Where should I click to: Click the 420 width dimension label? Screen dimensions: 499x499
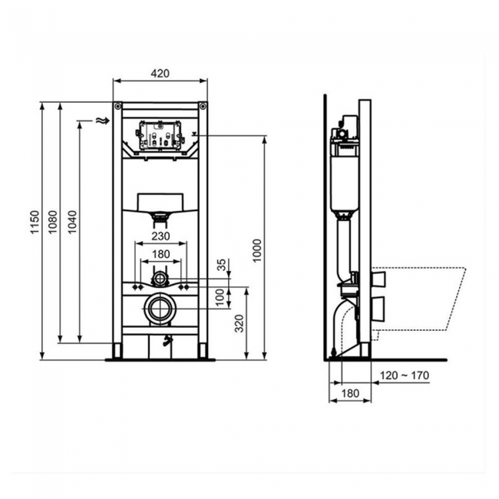coord(160,74)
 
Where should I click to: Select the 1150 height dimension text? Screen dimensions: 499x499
coord(35,222)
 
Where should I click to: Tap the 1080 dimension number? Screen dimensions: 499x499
coord(53,222)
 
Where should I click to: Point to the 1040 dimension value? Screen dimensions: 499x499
coord(73,222)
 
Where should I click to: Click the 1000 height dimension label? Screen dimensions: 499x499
coord(257,250)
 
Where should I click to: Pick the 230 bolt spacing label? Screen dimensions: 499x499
coord(160,236)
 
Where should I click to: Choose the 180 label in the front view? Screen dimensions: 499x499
coord(160,254)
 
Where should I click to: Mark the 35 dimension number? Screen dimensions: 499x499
coord(221,265)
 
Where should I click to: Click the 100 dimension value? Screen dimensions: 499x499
coord(220,298)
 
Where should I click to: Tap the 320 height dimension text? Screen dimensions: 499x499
coord(239,324)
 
